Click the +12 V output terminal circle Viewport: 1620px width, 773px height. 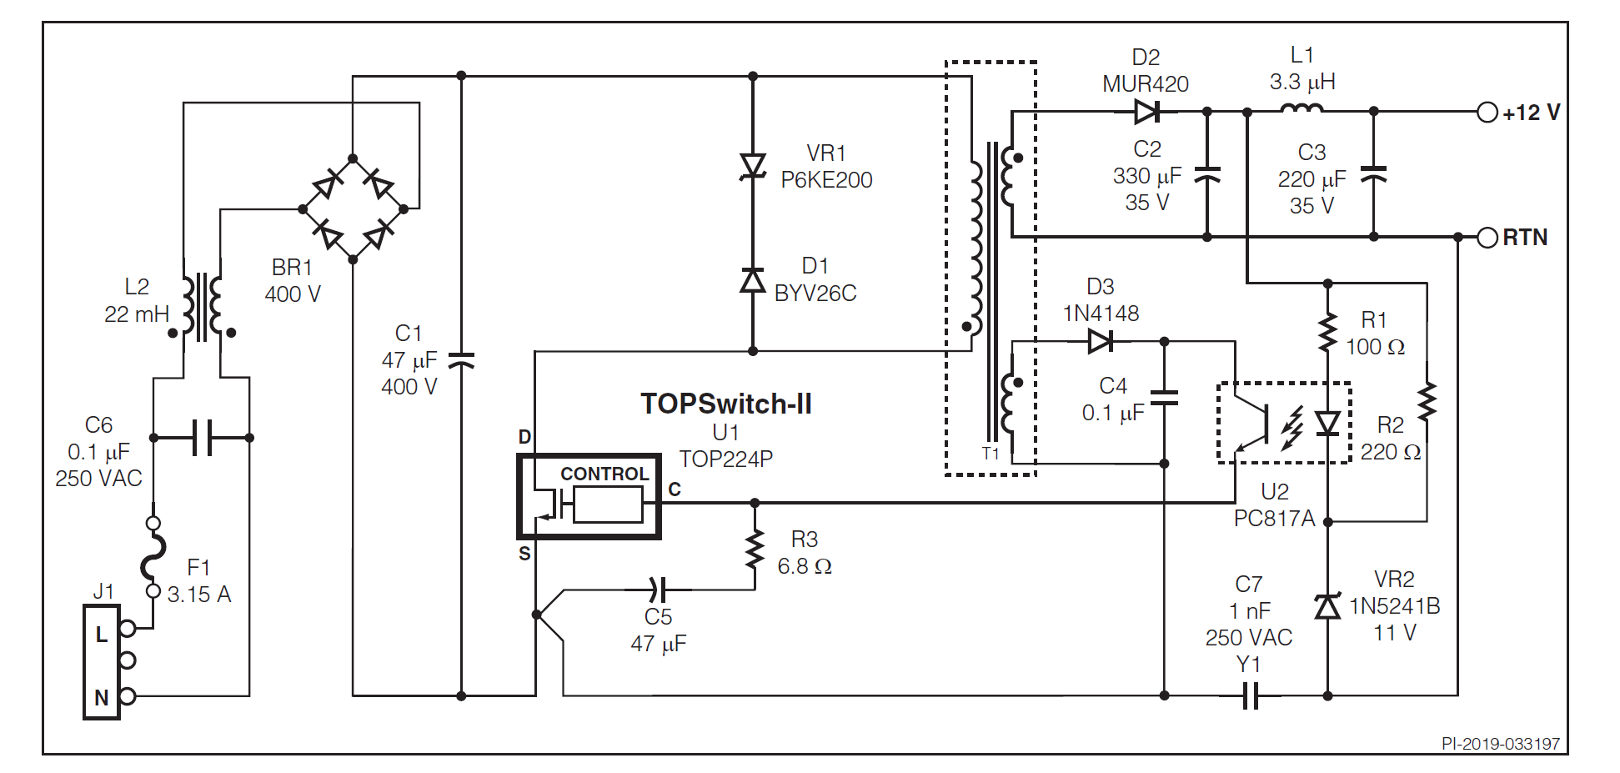click(x=1487, y=112)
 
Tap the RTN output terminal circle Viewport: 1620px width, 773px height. click(x=1487, y=238)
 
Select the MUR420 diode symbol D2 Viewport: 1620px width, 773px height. click(x=1147, y=111)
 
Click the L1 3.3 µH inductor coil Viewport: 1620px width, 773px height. click(x=1301, y=108)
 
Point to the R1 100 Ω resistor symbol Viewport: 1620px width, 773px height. click(x=1327, y=333)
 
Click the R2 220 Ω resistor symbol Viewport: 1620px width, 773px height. click(x=1427, y=401)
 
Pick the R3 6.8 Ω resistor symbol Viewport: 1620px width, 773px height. click(x=755, y=550)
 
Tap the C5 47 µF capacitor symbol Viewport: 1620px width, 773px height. click(x=658, y=590)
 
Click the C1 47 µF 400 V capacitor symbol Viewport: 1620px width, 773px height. click(x=461, y=360)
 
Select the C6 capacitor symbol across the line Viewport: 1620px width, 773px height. click(x=202, y=437)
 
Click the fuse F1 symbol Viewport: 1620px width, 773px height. click(x=153, y=557)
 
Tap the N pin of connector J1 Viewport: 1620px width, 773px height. click(x=127, y=695)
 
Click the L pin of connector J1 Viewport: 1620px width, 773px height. click(x=127, y=629)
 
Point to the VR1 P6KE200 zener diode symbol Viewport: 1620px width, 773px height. click(x=753, y=167)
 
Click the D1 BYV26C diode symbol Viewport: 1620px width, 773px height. click(x=753, y=280)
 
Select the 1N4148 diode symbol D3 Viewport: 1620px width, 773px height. click(x=1101, y=340)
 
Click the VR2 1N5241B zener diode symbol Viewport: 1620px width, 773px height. click(x=1327, y=606)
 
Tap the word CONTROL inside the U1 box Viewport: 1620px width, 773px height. click(x=604, y=474)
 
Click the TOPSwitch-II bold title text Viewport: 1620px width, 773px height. click(x=726, y=404)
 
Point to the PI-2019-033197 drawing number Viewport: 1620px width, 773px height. click(x=1500, y=744)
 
